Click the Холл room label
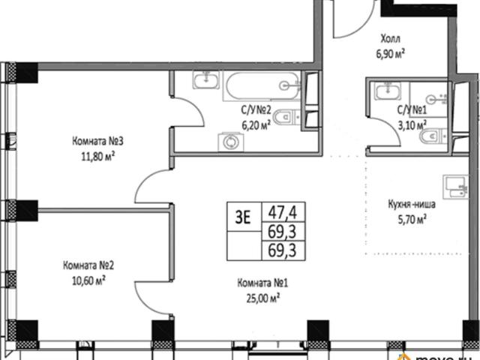click(x=390, y=39)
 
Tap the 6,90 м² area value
click(x=390, y=54)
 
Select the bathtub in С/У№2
click(x=262, y=85)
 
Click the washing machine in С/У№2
click(x=231, y=142)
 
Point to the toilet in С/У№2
click(x=286, y=117)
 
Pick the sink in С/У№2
click(x=206, y=79)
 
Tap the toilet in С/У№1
click(x=434, y=136)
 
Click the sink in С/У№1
click(x=388, y=91)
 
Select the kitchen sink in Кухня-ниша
click(x=455, y=187)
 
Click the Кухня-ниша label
click(x=412, y=205)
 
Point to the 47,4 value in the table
click(x=283, y=212)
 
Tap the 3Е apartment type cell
click(x=243, y=217)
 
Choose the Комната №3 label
click(x=97, y=142)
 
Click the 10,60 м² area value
click(x=88, y=280)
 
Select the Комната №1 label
click(x=262, y=283)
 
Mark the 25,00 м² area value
click(x=263, y=298)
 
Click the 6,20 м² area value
click(x=256, y=125)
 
